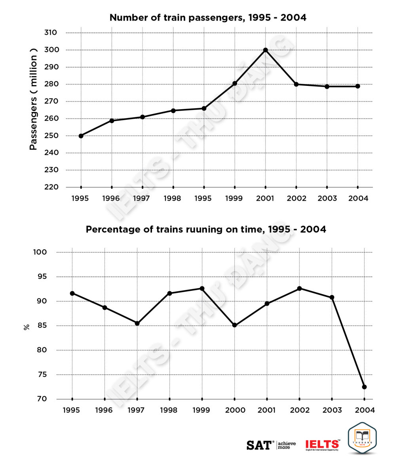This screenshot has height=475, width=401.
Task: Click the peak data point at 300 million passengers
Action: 265,50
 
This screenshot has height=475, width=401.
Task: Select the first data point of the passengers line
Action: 81,136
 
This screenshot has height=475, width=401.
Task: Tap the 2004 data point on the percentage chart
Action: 364,387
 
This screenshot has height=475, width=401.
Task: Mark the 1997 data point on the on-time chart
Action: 137,323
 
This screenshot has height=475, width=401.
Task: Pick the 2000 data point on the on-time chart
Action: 234,325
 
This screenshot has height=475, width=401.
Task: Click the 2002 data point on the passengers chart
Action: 296,84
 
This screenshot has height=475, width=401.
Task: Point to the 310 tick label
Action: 51,32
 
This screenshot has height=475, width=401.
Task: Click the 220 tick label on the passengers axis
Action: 51,187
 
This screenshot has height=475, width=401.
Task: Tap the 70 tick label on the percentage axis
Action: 42,399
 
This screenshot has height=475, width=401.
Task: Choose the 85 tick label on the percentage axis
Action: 42,326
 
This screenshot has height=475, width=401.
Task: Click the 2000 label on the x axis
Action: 235,410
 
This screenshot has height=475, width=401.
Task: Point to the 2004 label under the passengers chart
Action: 358,198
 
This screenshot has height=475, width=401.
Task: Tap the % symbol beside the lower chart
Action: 27,327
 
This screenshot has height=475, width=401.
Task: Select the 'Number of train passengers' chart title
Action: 208,18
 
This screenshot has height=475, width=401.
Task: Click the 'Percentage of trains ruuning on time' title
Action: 206,230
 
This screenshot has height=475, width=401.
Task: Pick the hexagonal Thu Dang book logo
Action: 362,439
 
